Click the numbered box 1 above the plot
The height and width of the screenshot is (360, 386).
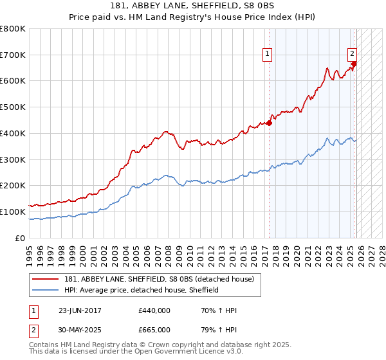pos(267,55)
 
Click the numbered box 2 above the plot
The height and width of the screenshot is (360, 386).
pos(353,55)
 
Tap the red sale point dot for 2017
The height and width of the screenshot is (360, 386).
pos(269,123)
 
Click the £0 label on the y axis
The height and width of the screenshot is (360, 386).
pos(20,238)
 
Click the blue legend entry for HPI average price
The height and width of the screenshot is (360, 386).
pos(142,290)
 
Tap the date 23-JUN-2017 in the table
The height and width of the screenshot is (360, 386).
pos(80,310)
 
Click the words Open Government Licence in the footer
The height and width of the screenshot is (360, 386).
pos(174,352)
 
